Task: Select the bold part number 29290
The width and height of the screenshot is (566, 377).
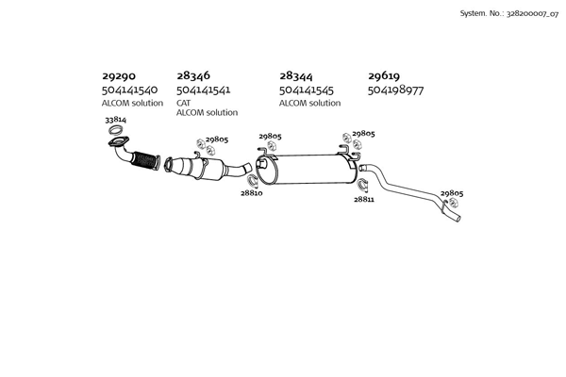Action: pyautogui.click(x=119, y=75)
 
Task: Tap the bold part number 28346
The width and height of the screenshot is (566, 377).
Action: pyautogui.click(x=193, y=75)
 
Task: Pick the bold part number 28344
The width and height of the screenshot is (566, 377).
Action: pyautogui.click(x=297, y=75)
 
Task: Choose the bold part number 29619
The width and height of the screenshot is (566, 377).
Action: pyautogui.click(x=386, y=75)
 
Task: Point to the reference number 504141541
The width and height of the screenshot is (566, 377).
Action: pyautogui.click(x=204, y=90)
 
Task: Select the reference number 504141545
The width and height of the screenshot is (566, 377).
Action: pyautogui.click(x=307, y=90)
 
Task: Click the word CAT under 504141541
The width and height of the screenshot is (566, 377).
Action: pyautogui.click(x=183, y=102)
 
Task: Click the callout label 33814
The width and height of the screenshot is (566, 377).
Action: pyautogui.click(x=115, y=121)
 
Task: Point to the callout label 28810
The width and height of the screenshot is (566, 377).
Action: pyautogui.click(x=251, y=192)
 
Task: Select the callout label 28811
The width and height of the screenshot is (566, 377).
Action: pyautogui.click(x=364, y=200)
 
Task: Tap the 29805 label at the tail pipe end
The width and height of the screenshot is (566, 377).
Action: pyautogui.click(x=452, y=193)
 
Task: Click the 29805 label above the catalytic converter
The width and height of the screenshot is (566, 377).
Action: pyautogui.click(x=217, y=139)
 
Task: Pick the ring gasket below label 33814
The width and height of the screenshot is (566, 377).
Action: pyautogui.click(x=118, y=144)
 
